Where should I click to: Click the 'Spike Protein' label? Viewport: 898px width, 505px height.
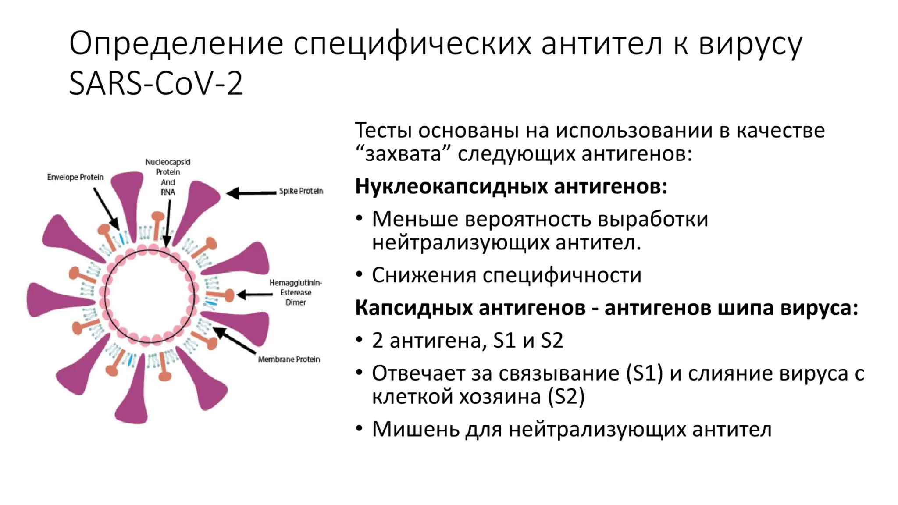[301, 191]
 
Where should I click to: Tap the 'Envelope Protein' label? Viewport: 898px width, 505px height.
[75, 177]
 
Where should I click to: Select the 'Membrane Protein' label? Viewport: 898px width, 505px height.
[289, 359]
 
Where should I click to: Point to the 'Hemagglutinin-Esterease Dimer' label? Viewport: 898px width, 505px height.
[296, 292]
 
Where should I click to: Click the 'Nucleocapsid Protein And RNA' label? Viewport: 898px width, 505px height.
[168, 177]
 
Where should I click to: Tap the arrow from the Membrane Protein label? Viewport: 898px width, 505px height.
[235, 341]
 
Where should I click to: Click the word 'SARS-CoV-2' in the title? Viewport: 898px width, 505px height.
[156, 83]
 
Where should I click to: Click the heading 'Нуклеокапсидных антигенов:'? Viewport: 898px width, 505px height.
[511, 186]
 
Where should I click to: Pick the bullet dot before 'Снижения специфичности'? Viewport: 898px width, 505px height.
[360, 274]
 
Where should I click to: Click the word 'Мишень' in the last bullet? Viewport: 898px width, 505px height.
[415, 429]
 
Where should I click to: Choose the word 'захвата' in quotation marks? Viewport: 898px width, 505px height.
[403, 154]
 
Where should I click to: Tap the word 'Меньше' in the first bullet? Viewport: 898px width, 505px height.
[415, 219]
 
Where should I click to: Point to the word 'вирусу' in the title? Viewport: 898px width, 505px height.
[750, 44]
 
